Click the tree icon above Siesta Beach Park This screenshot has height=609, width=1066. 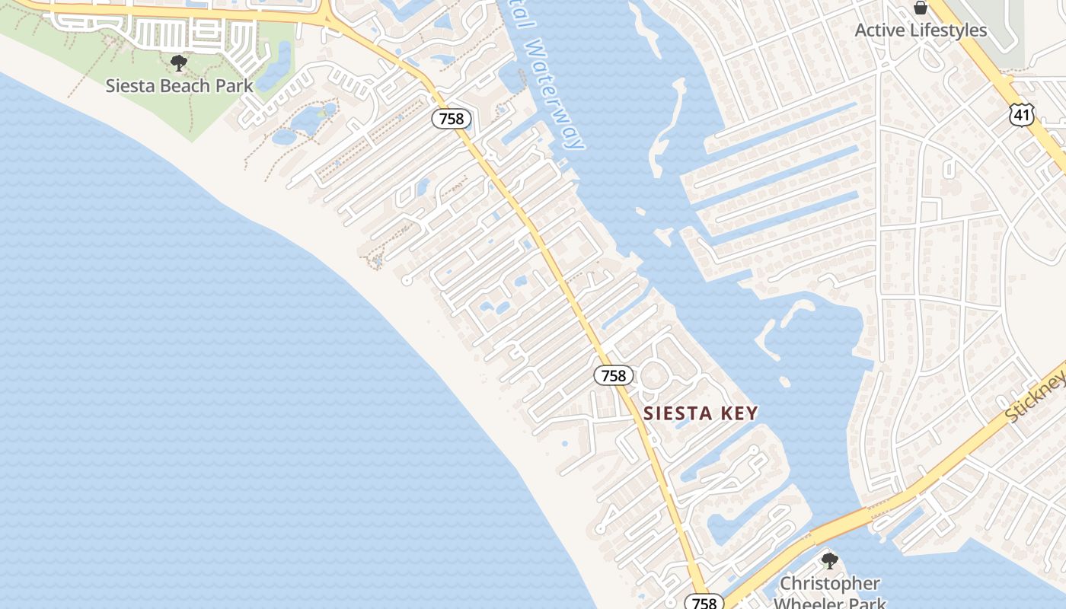coord(179,62)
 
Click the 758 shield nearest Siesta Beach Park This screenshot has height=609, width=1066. coord(452,120)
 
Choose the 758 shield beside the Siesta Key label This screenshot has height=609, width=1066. coord(613,375)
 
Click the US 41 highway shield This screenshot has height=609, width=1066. coord(1022,115)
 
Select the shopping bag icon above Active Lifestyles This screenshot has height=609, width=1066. coord(921,8)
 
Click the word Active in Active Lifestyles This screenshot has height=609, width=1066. coord(880,30)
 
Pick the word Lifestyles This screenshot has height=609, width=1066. coord(949,30)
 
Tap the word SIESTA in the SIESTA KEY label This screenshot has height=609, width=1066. coord(675,413)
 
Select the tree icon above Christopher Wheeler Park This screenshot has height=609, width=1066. coord(830,561)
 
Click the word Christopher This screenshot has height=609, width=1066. coord(830,584)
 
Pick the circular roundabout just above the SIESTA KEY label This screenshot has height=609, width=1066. coord(654,375)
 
